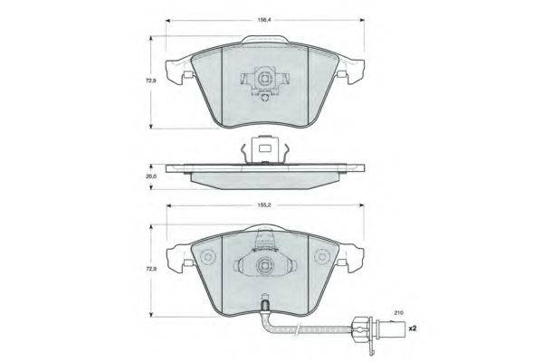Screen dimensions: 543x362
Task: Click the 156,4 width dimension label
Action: pyautogui.click(x=264, y=20)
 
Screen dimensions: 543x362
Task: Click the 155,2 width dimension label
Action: pyautogui.click(x=264, y=205)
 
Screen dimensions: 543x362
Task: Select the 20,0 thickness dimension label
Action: pyautogui.click(x=151, y=176)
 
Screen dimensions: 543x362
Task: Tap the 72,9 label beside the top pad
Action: pyautogui.click(x=151, y=81)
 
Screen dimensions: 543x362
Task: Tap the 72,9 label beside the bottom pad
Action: pyautogui.click(x=151, y=269)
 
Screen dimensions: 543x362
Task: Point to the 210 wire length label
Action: pyautogui.click(x=398, y=313)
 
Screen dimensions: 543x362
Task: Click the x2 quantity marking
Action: pyautogui.click(x=412, y=329)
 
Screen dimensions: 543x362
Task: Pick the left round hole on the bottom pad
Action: pyautogui.click(x=208, y=257)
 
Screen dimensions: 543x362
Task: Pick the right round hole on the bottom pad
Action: pyautogui.click(x=322, y=257)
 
